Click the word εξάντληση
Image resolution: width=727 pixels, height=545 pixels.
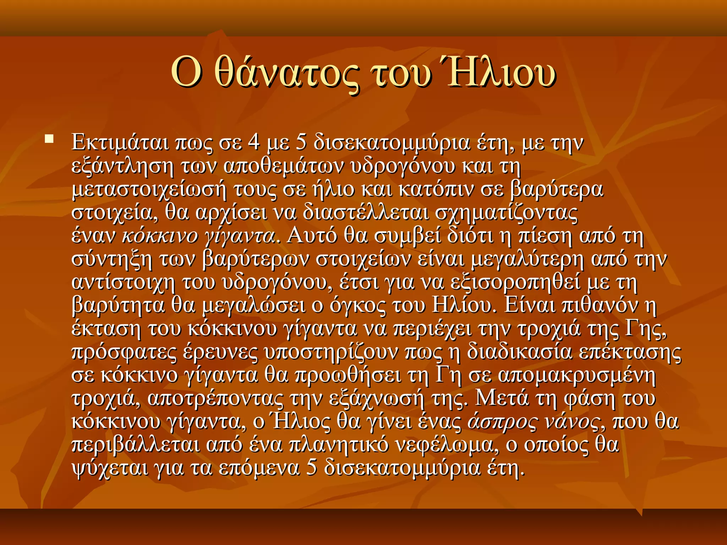point(122,166)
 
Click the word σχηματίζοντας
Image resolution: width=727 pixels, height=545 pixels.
point(506,213)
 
